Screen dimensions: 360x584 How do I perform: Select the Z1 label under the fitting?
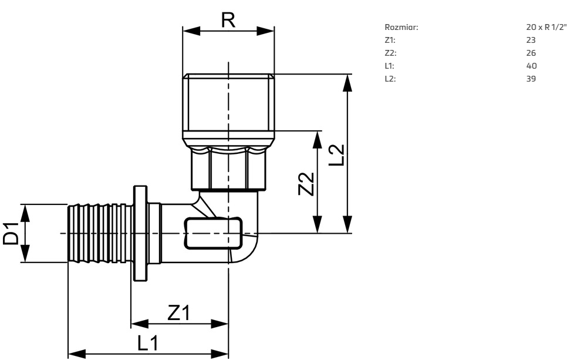click(x=178, y=313)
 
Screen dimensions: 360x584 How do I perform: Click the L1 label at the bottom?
click(x=148, y=344)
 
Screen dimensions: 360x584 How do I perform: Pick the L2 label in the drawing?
click(x=336, y=154)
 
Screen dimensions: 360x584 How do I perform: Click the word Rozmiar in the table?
click(x=402, y=28)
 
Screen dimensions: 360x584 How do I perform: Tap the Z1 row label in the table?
click(x=389, y=41)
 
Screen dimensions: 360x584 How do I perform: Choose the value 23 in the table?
click(x=531, y=41)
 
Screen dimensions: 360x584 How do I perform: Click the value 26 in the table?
click(x=531, y=53)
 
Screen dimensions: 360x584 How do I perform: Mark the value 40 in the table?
click(x=532, y=66)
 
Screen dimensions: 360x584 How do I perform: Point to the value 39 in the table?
click(x=531, y=79)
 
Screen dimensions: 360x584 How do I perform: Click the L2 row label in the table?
click(x=389, y=79)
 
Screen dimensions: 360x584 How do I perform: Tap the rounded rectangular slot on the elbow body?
click(x=213, y=233)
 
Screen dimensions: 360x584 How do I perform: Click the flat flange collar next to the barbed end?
click(x=141, y=233)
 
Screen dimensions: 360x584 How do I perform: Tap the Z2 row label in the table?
click(x=390, y=53)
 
